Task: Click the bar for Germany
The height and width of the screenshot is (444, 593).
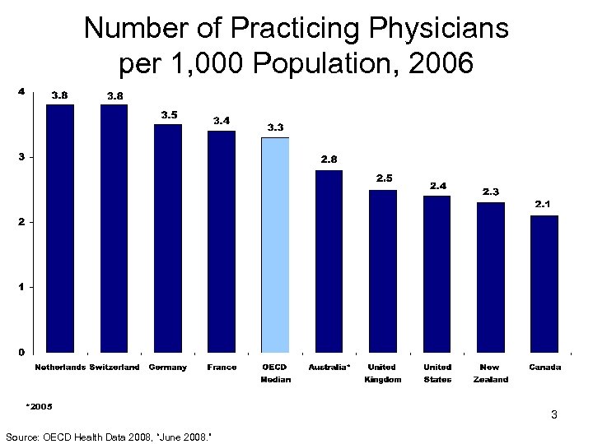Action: click(x=168, y=238)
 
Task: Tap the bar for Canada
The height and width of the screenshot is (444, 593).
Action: click(x=544, y=284)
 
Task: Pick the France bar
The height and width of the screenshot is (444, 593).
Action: click(x=222, y=242)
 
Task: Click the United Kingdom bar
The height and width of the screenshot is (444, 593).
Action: click(x=383, y=271)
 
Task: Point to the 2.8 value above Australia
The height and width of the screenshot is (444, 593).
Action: click(x=329, y=159)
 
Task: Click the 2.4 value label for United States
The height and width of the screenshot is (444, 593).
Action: click(x=438, y=186)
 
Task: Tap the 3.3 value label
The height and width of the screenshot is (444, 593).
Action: click(x=276, y=127)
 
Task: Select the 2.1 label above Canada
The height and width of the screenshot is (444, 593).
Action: click(x=544, y=203)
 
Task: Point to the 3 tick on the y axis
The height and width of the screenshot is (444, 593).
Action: click(x=22, y=156)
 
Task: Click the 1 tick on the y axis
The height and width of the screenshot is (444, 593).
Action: click(x=22, y=287)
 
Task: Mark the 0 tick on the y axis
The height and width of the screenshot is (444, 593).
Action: click(x=22, y=352)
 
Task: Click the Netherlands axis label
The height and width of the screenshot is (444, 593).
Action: click(x=59, y=368)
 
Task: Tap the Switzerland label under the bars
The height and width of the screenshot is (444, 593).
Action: click(x=114, y=368)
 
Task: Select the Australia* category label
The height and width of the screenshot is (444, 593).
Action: click(x=329, y=368)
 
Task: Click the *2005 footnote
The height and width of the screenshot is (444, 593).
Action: click(x=39, y=406)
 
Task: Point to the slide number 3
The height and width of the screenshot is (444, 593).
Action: click(x=554, y=415)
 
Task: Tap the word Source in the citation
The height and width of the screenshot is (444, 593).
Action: click(x=20, y=436)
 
